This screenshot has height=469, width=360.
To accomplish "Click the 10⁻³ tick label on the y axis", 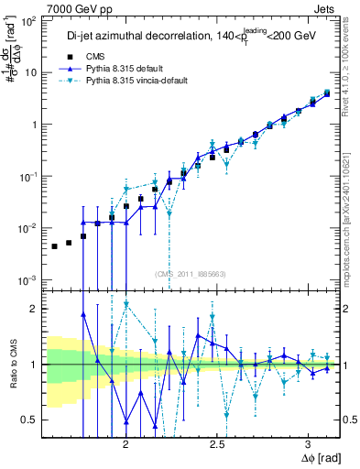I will click(29, 279).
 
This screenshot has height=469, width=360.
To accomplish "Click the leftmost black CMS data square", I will click(55, 246).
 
